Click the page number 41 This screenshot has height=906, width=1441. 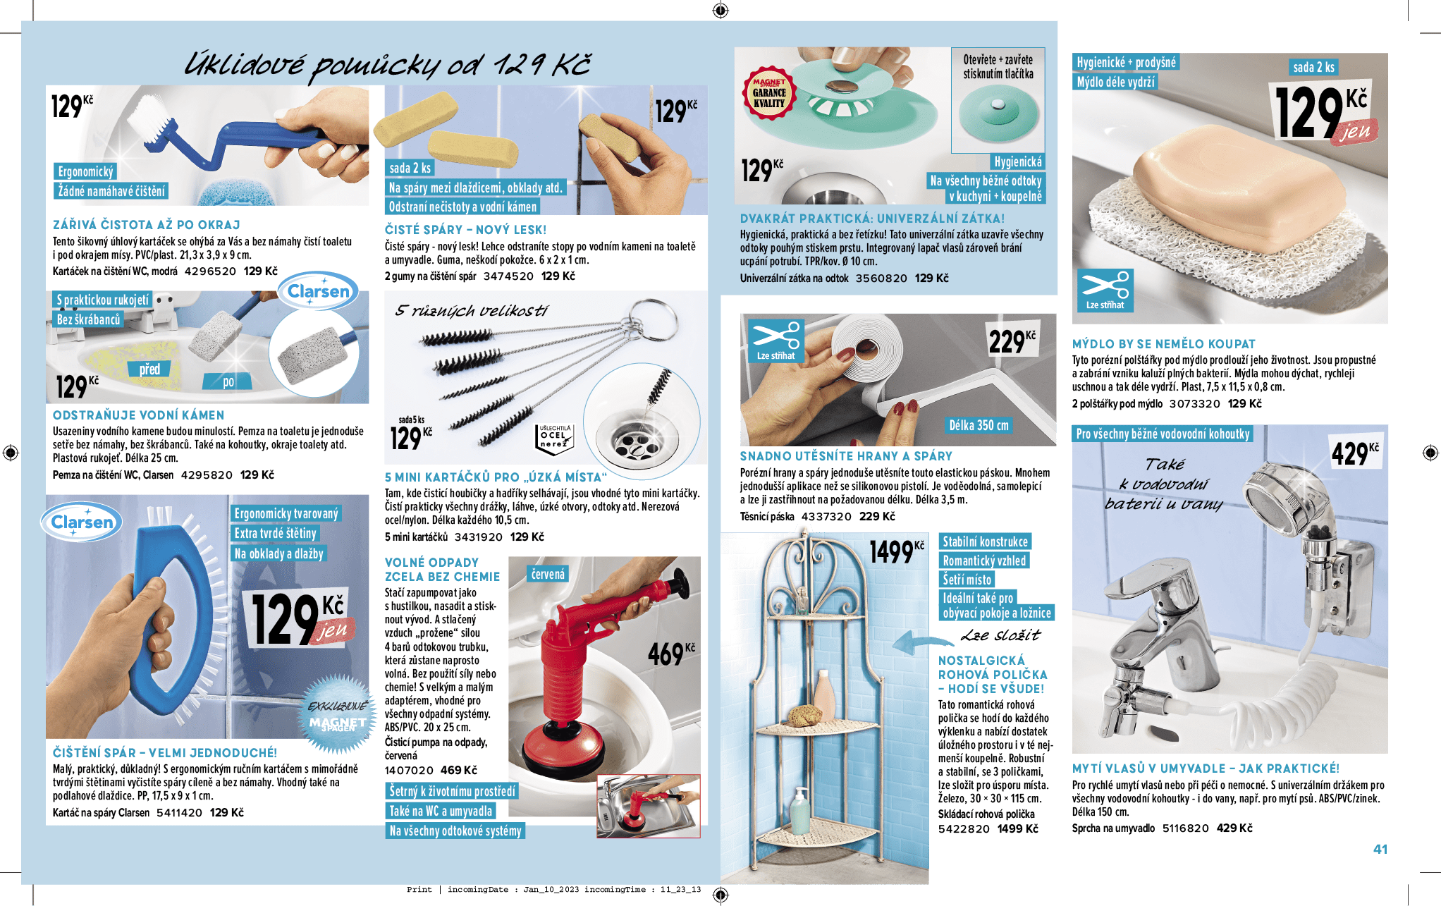(x=1380, y=849)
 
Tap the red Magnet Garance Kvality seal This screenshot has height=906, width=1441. (x=769, y=92)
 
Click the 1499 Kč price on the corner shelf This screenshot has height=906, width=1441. (x=896, y=551)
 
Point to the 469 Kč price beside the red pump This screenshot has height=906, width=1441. (x=671, y=654)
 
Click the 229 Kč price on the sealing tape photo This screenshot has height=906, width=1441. (x=1012, y=341)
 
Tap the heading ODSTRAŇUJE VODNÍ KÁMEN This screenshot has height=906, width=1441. (x=138, y=415)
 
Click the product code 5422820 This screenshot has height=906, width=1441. (x=964, y=828)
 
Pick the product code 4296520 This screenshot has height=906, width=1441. (x=210, y=271)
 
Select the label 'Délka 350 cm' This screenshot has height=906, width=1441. (x=979, y=425)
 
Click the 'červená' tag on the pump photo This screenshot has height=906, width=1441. (x=548, y=574)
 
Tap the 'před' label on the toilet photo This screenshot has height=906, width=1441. (x=149, y=369)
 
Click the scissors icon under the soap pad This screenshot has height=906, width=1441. (x=1105, y=290)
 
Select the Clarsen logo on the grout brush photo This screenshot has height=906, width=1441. (x=82, y=522)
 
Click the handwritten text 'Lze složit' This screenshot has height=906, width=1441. (x=1000, y=635)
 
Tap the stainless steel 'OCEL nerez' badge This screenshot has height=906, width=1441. (x=554, y=438)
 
